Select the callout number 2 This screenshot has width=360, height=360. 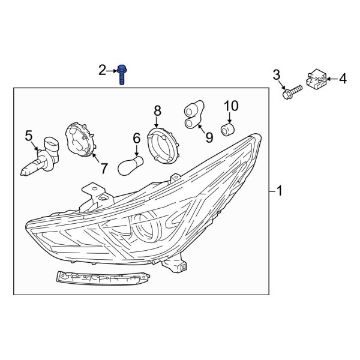click(102, 71)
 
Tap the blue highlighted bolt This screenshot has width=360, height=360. click(122, 75)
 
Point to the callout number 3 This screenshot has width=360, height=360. click(277, 75)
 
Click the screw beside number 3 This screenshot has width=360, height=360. click(291, 94)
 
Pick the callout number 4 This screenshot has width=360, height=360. click(343, 77)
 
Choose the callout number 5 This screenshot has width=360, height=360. click(28, 136)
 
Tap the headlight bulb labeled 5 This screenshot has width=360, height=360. click(37, 158)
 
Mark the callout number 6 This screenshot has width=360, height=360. click(136, 139)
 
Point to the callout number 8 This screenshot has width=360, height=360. click(158, 110)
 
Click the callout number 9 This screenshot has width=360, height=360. click(209, 138)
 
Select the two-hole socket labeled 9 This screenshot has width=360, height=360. click(193, 115)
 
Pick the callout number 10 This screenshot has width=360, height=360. click(231, 106)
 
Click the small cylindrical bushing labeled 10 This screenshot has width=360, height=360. click(229, 129)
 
